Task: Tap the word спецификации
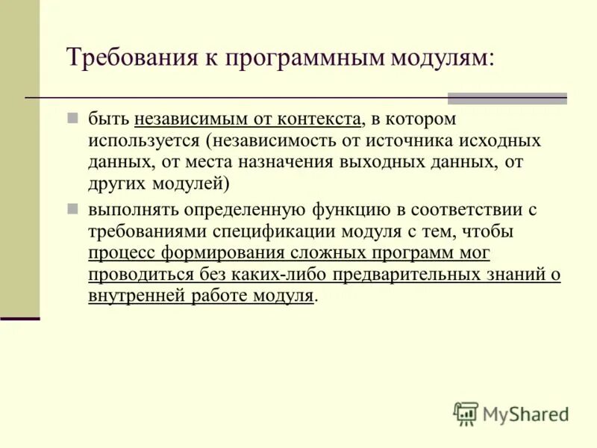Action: coord(283,231)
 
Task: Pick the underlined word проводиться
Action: coord(140,275)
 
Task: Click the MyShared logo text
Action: coord(526,414)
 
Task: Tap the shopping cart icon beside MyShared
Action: coord(466,414)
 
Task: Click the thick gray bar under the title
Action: coord(507,98)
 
